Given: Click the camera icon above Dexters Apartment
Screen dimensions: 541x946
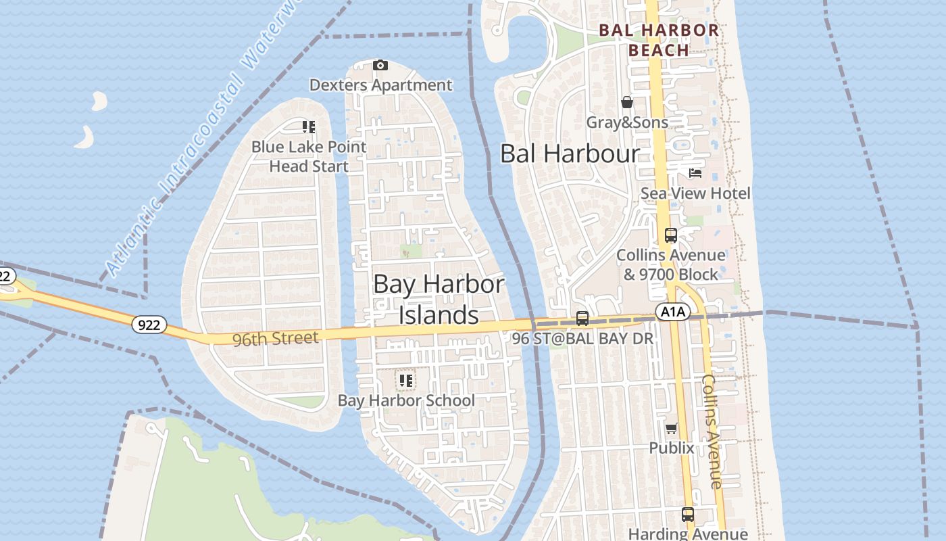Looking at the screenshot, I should point(380,65).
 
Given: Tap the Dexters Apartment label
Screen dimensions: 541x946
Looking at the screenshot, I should point(380,85).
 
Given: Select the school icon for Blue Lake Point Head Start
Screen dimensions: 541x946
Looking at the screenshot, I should point(309,127).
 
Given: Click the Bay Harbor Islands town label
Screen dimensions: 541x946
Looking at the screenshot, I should point(439,300).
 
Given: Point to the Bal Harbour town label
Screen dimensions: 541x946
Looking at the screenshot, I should point(569,154).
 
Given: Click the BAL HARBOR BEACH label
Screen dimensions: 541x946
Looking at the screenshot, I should point(659,40).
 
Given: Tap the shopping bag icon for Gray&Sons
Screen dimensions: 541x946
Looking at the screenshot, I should point(627,102).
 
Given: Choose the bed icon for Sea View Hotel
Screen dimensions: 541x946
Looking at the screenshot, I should point(695,173).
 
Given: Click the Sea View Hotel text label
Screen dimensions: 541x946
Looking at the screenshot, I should point(695,193).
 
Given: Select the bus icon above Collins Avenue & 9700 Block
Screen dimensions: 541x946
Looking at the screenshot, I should point(670,235).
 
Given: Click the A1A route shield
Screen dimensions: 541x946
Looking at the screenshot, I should point(672,312).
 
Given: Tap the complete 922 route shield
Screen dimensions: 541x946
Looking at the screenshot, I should point(149,325).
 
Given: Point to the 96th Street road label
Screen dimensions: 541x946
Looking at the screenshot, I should point(275,338).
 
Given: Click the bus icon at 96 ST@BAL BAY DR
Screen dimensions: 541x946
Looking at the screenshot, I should point(582,318).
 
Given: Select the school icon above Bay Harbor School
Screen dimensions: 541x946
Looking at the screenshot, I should point(405,381).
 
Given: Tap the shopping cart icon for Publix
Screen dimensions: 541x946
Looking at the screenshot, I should point(671,428).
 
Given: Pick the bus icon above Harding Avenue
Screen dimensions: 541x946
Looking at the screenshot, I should point(687,515).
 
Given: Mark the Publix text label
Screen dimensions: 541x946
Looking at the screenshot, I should point(671,448).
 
